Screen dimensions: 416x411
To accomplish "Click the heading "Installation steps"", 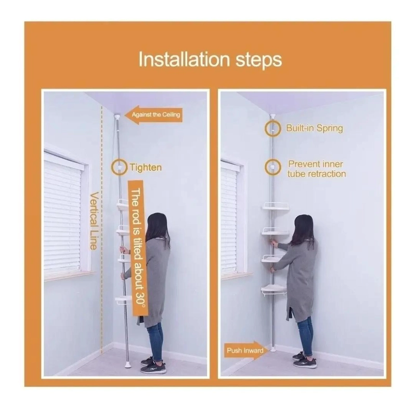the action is tap(210, 60).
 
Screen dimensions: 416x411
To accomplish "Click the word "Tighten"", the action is tap(146, 168).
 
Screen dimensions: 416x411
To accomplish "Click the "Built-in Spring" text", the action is tap(315, 128).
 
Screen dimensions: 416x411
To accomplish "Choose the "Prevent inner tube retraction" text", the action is tap(316, 169).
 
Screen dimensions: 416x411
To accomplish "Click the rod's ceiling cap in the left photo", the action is tap(116, 116).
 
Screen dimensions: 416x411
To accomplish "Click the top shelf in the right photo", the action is tap(276, 206).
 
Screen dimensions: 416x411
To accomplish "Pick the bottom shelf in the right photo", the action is tap(274, 290).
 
